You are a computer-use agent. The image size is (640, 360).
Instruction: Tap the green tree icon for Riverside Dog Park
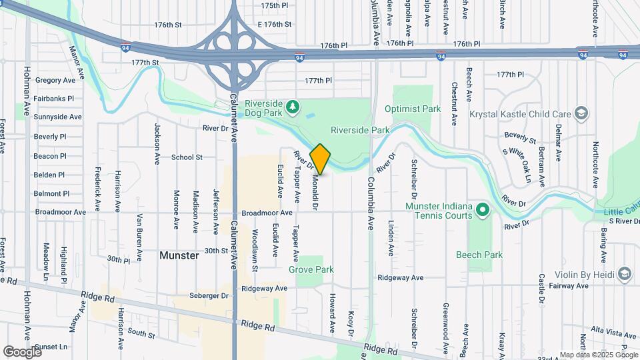tap(291, 107)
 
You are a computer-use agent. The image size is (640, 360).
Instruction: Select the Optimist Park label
tap(413, 109)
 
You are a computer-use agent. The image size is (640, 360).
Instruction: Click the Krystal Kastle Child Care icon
tap(581, 114)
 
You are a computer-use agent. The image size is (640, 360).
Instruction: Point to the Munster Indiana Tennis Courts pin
tap(483, 211)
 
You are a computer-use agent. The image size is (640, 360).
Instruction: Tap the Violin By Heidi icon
tap(624, 273)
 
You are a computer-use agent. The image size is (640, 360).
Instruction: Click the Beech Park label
tap(479, 255)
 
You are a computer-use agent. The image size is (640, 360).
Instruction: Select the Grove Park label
tap(311, 269)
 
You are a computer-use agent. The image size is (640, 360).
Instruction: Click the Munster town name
tap(179, 255)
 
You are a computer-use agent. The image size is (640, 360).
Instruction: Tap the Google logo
tap(22, 351)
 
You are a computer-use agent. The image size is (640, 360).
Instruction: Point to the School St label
tap(187, 157)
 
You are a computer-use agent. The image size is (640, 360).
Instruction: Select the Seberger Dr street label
tap(209, 295)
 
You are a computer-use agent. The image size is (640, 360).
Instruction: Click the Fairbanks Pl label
tap(53, 98)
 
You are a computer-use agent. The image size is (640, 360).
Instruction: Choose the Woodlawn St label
tap(255, 250)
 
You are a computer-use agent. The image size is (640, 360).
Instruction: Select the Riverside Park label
tap(360, 131)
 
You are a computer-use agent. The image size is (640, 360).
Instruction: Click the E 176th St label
tap(274, 24)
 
